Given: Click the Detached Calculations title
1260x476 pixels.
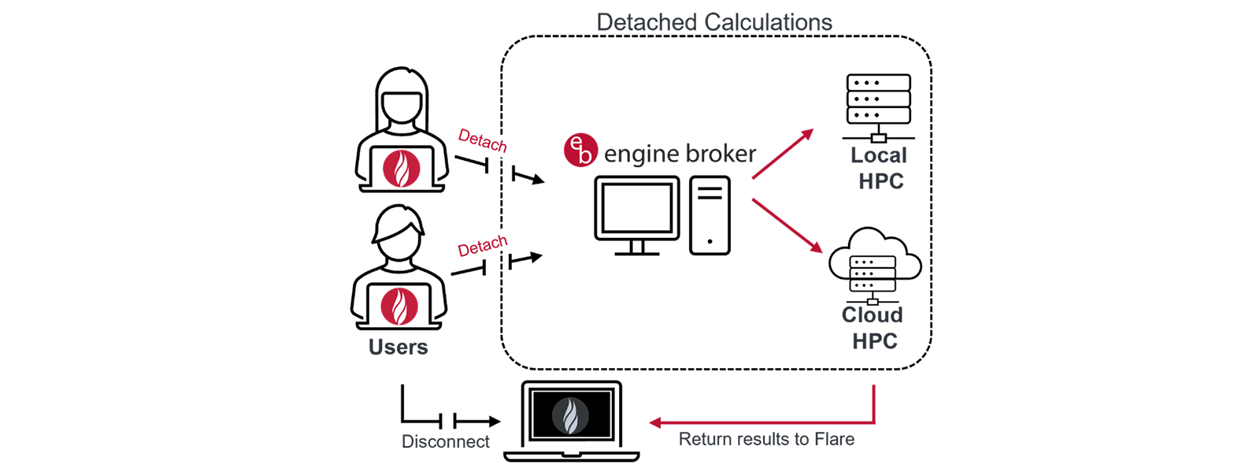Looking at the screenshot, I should [713, 22].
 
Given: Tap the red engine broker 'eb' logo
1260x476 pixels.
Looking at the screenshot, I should [580, 150].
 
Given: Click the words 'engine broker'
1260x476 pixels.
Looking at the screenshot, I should [680, 154].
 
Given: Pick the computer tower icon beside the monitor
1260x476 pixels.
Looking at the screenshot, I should [710, 215].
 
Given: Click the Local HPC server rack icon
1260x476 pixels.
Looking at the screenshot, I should [878, 106].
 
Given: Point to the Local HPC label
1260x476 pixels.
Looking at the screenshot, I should [880, 168].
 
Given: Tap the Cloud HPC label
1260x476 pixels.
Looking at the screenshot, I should [873, 328].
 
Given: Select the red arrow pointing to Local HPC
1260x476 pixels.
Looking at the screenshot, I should [782, 154].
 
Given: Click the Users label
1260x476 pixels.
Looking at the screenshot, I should [398, 348].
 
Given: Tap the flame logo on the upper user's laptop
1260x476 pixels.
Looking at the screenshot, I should [402, 168].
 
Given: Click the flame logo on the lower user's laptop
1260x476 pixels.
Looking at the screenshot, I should [399, 306].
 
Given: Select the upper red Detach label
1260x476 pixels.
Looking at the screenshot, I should [482, 141].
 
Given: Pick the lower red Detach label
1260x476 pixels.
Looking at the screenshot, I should [482, 247].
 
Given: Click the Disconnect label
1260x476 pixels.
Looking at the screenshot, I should [445, 441].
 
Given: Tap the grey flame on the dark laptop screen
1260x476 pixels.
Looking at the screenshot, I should [570, 415].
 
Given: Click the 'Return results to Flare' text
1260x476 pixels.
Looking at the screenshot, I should [766, 440].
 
